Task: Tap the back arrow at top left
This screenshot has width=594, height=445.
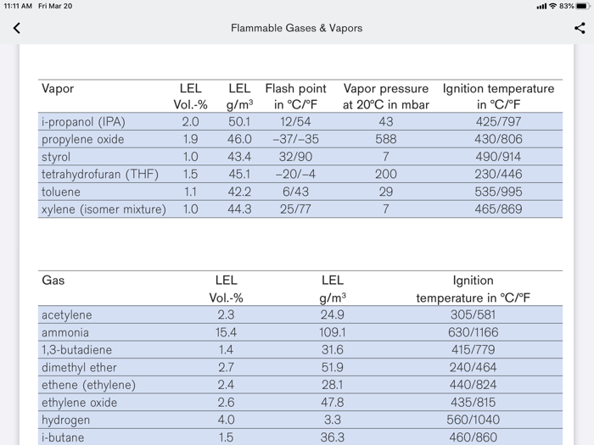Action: pos(16,28)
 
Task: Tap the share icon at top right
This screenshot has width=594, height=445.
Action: pos(580,28)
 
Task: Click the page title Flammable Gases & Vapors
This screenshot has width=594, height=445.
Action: pos(296,28)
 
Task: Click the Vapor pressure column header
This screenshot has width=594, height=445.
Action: pos(385,97)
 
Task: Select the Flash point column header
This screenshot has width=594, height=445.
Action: pos(295,97)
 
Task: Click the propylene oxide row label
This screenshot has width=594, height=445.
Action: pos(83,139)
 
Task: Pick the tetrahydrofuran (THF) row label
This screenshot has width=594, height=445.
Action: pos(100,175)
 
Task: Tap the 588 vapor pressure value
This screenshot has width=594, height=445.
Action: pos(385,139)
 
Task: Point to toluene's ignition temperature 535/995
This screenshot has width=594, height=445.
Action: pos(498,192)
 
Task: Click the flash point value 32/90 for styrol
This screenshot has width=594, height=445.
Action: pos(295,157)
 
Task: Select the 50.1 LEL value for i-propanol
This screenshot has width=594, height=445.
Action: pos(239,122)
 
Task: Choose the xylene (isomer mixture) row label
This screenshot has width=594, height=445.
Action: pos(104,209)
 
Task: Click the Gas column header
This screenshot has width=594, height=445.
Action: pos(53,281)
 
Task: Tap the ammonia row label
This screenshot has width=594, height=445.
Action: pos(65,332)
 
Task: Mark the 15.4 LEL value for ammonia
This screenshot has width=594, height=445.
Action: pos(226,332)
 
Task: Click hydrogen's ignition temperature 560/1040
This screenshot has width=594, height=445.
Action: pos(474,420)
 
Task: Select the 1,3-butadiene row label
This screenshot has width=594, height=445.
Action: pos(76,350)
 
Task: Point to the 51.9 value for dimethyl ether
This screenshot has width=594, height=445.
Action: pos(333,368)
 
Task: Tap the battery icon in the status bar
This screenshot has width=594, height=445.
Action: pos(582,6)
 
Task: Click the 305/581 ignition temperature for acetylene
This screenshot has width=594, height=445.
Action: pos(474,315)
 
